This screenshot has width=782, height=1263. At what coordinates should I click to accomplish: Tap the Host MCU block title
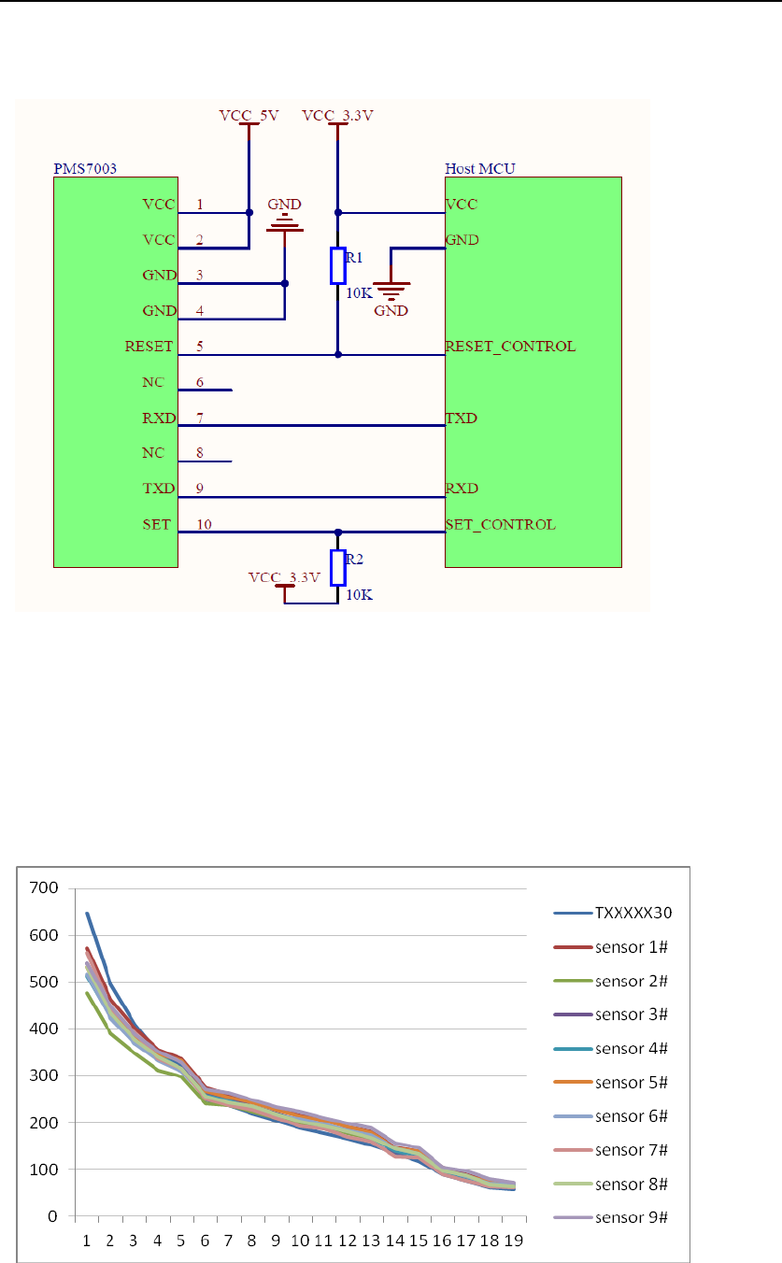click(x=479, y=168)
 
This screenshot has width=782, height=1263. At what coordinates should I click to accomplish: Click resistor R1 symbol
click(x=338, y=266)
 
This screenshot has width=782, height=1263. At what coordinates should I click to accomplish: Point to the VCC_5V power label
click(x=249, y=116)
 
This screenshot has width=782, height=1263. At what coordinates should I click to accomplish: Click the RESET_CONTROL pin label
click(x=510, y=347)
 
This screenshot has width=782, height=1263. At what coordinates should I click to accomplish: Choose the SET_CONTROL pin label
click(x=501, y=524)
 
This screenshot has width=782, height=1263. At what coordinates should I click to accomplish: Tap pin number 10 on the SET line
click(x=204, y=524)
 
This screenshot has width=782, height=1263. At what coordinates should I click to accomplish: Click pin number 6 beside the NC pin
click(x=200, y=382)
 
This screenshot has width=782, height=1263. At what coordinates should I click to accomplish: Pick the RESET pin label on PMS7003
click(x=149, y=347)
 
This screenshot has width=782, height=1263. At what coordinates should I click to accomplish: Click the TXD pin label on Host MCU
click(x=462, y=418)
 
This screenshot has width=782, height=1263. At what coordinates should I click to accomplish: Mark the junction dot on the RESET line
click(x=338, y=355)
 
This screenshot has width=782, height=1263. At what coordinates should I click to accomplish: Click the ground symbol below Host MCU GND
click(x=391, y=290)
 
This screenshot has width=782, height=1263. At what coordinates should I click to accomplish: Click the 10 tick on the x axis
click(x=300, y=1241)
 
